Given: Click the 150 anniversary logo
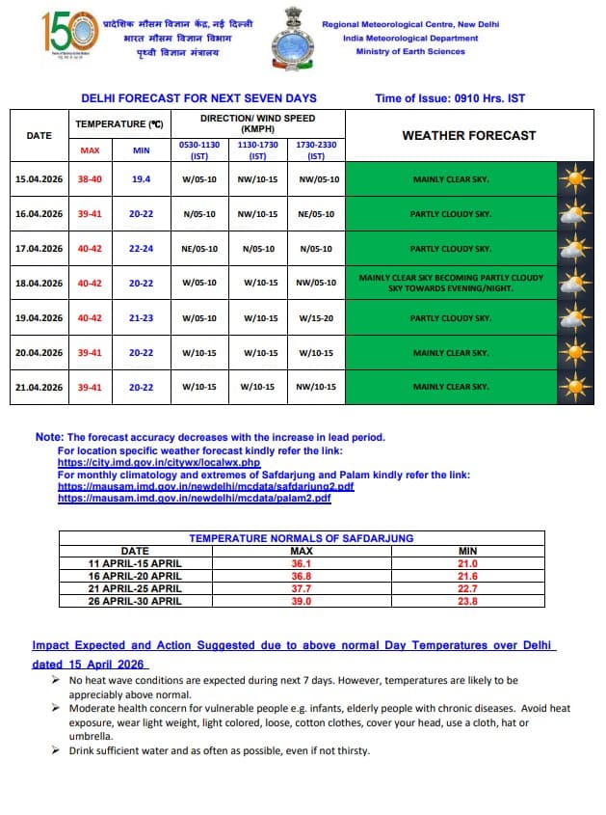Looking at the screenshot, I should [x=69, y=36].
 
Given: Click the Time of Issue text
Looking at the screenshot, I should [x=450, y=98].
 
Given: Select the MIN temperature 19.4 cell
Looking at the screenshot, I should [x=141, y=179].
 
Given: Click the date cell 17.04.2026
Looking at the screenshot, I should [x=39, y=248].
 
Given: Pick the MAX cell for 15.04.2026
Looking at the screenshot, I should [x=90, y=179].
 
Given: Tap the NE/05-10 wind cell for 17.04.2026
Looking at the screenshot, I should [x=199, y=248].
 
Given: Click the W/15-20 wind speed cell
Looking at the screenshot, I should [x=317, y=317].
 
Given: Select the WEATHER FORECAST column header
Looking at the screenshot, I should [x=468, y=135].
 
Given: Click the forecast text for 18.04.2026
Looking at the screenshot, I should [x=451, y=283].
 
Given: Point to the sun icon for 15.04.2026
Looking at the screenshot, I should [x=576, y=179].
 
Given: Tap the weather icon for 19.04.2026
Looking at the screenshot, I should [x=576, y=317].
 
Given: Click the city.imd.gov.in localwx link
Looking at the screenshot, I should [x=159, y=463].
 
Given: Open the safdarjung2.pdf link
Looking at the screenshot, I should [x=205, y=486].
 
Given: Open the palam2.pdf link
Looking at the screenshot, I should [x=194, y=498].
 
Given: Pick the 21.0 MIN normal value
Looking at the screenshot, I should [x=467, y=562].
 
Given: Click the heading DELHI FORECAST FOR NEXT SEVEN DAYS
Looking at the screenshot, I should [x=198, y=98].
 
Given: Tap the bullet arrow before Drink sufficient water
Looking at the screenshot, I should [x=58, y=750].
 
